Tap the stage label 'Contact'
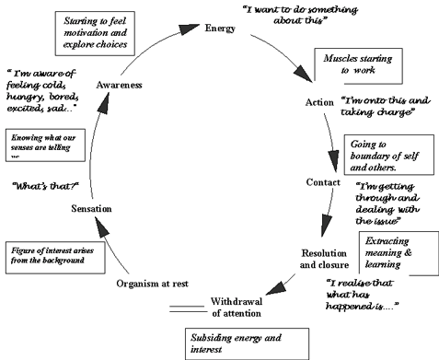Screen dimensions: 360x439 (x=325, y=181)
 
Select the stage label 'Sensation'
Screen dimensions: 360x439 (x=91, y=210)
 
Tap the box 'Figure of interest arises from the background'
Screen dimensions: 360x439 (x=53, y=255)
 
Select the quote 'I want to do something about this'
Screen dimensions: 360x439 (x=310, y=17)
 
